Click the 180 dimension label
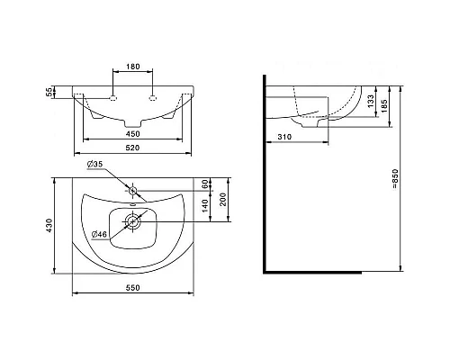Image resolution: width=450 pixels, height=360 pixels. coord(132,67)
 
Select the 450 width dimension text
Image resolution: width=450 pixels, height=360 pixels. coord(132,134)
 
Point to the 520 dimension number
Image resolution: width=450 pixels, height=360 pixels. coord(132,148)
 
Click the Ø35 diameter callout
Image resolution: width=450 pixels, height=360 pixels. coord(95,164)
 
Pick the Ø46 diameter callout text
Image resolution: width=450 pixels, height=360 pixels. coord(100,234)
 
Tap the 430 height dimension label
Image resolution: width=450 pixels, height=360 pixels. coord(49,225)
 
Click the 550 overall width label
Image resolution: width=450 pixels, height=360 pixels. coord(132,288)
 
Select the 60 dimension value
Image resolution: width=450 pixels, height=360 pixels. coord(205,184)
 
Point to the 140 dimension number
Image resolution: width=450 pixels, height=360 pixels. coord(205,206)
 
